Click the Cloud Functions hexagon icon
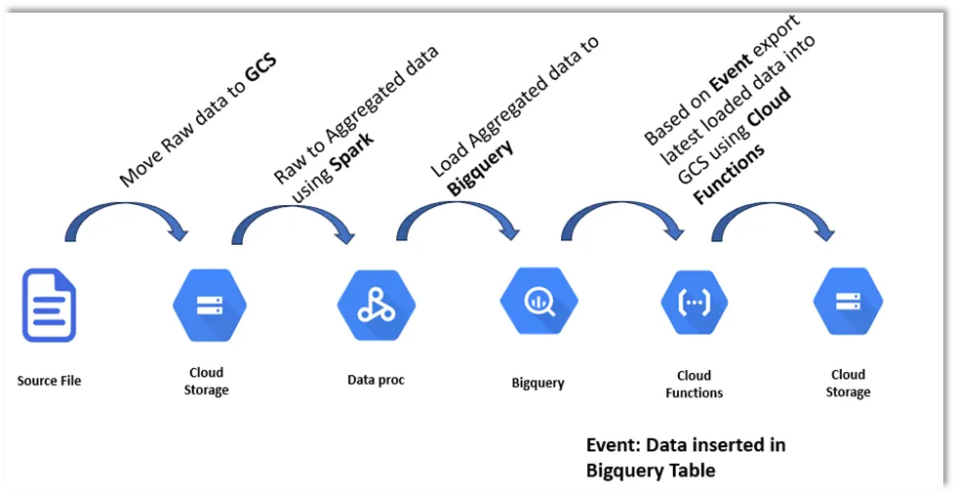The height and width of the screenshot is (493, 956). pos(694,304)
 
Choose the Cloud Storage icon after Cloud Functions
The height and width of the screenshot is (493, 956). pos(848,302)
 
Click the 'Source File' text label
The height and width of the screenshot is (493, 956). pos(49,381)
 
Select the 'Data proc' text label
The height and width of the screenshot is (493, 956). pos(376,380)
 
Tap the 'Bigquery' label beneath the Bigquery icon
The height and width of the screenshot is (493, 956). pos(538,383)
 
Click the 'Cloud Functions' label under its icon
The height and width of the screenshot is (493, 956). pos(694,384)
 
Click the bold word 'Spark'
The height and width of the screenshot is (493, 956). pos(353,142)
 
